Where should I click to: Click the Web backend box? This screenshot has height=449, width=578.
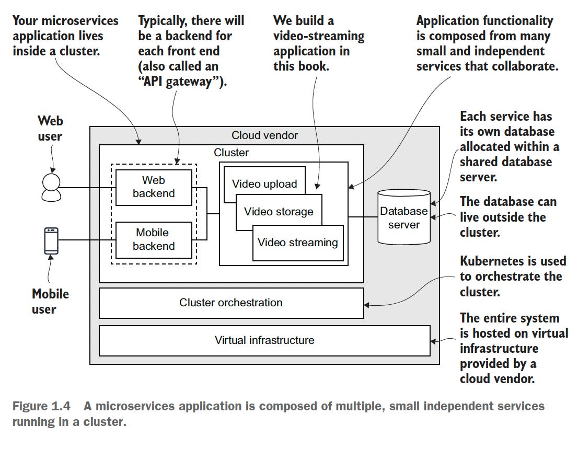(x=154, y=187)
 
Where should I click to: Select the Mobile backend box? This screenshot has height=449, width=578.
(x=154, y=239)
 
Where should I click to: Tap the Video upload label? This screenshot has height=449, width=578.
(x=264, y=183)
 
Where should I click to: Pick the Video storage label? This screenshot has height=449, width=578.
(x=279, y=212)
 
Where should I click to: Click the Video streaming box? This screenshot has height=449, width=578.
(x=298, y=243)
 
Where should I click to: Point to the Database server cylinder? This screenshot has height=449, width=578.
(x=404, y=217)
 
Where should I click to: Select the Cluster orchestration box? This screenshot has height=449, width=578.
(x=231, y=303)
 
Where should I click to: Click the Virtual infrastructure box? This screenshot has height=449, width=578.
(x=264, y=341)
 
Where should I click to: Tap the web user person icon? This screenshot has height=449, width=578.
(x=51, y=187)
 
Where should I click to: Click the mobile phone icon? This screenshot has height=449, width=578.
(x=51, y=241)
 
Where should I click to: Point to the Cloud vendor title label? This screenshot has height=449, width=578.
(x=264, y=135)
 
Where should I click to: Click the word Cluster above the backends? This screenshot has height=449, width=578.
(x=231, y=153)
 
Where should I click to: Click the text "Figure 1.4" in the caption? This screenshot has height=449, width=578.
(x=41, y=406)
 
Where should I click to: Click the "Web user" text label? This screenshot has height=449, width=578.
(x=50, y=128)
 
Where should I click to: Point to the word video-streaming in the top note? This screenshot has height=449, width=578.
(x=319, y=36)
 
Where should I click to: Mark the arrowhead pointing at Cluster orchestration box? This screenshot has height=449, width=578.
(x=366, y=305)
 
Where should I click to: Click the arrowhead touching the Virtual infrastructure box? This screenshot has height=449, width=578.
(x=433, y=341)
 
